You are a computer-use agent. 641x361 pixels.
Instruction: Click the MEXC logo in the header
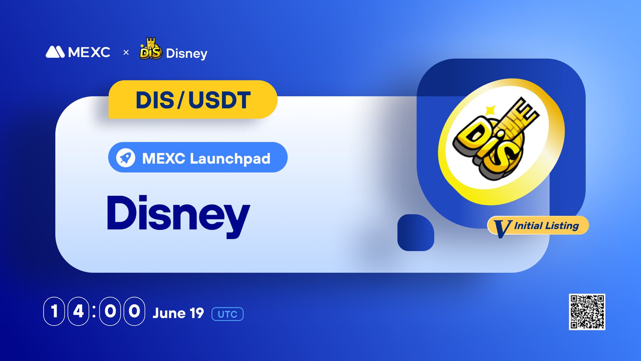coord(78,52)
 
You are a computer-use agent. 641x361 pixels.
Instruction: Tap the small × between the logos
coord(126,52)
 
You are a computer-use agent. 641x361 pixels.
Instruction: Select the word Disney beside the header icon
coord(187,54)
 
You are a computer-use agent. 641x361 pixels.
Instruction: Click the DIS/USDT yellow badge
coord(193,100)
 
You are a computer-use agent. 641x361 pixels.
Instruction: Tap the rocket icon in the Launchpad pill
coord(126,157)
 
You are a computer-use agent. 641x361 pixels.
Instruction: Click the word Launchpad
coord(230,159)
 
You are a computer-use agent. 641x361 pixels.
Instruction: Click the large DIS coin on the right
coord(501,142)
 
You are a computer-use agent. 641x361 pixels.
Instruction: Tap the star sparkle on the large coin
coord(490,110)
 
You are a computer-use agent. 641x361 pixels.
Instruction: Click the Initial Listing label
coord(546,226)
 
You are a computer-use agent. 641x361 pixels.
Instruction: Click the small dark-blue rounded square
coord(416,233)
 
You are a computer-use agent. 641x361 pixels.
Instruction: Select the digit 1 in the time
coord(54,311)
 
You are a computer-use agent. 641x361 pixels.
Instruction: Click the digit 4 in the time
coord(78,311)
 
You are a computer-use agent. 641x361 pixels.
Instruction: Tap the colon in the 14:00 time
coord(94,311)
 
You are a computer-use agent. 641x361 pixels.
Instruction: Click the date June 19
coord(178,313)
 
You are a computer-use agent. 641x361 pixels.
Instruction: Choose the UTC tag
coord(228,314)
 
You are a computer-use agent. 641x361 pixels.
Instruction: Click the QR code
coord(587,312)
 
